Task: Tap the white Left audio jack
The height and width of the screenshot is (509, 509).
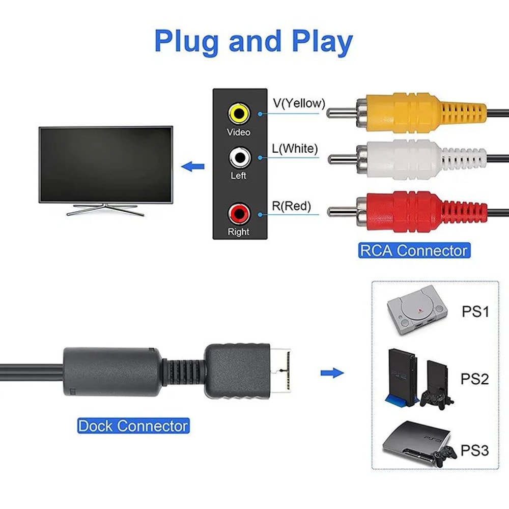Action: (x=239, y=157)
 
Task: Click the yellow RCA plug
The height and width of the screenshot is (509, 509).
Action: (x=407, y=111)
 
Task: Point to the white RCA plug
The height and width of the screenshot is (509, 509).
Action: (x=407, y=159)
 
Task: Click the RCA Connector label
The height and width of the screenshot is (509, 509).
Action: (x=413, y=250)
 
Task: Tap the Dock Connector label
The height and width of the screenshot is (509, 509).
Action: (x=133, y=426)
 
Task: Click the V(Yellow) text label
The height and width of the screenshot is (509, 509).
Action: (x=299, y=103)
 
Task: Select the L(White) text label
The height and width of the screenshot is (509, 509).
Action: (x=295, y=149)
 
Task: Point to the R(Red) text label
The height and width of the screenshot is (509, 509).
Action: (x=292, y=206)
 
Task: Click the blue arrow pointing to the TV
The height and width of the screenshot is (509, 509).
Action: (x=193, y=166)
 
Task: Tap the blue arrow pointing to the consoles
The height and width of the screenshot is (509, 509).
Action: (x=332, y=373)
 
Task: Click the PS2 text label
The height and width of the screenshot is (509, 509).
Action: (x=474, y=379)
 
